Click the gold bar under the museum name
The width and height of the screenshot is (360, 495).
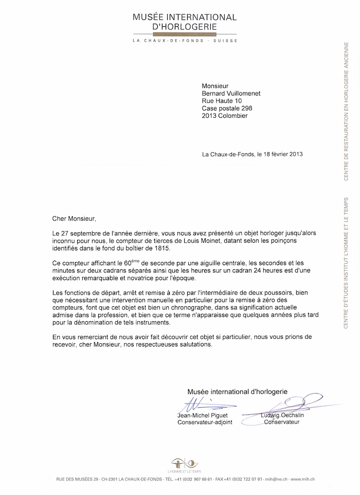(x=185, y=33)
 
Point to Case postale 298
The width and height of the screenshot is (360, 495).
(x=227, y=108)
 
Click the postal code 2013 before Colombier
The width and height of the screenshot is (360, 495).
(x=210, y=116)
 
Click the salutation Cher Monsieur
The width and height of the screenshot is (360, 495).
(x=74, y=218)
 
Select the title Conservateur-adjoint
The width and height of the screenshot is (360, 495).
(x=205, y=422)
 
